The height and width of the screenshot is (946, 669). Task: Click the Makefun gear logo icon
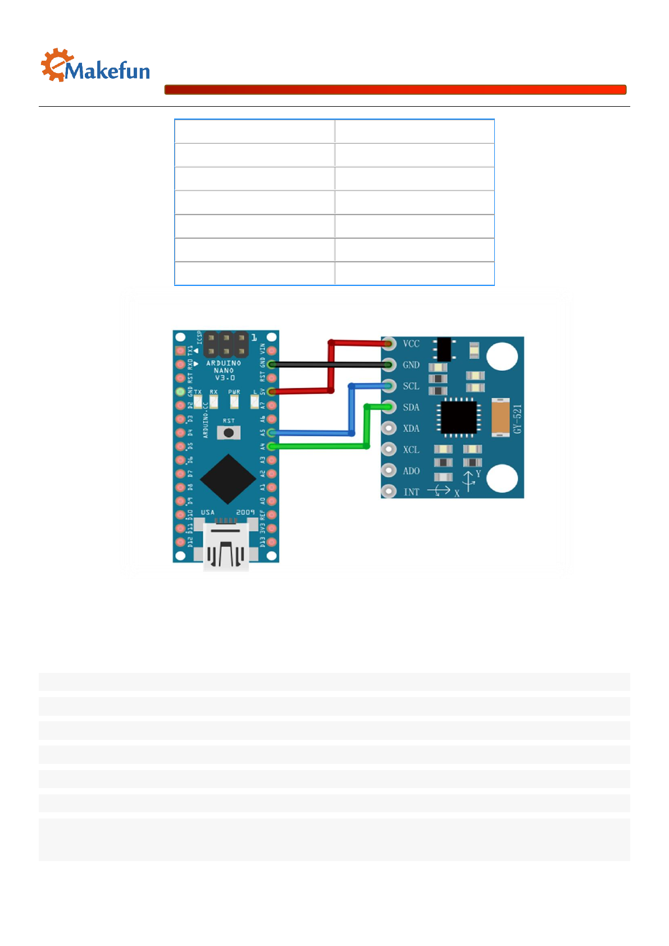[56, 65]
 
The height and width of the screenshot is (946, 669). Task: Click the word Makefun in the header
[107, 71]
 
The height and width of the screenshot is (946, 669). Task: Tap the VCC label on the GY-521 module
[411, 344]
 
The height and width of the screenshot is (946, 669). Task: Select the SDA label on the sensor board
[411, 407]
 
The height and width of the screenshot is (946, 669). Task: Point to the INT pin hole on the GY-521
[389, 492]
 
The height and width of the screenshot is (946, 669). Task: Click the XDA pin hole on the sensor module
[389, 428]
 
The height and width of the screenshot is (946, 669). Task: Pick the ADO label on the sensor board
[411, 471]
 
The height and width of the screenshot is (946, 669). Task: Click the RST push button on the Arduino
[229, 433]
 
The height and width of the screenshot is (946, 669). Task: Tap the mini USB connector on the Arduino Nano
[226, 548]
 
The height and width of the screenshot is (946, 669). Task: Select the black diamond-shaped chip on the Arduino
[228, 479]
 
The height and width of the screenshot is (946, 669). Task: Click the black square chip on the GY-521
[459, 417]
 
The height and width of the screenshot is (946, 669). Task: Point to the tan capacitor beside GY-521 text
[500, 417]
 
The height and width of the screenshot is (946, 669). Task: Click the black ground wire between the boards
[331, 365]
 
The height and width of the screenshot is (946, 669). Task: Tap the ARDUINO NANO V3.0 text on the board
[224, 370]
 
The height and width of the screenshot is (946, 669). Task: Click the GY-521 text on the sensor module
[517, 419]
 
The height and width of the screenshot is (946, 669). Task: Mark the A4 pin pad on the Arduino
[272, 446]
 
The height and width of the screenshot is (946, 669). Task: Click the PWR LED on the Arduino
[234, 402]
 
